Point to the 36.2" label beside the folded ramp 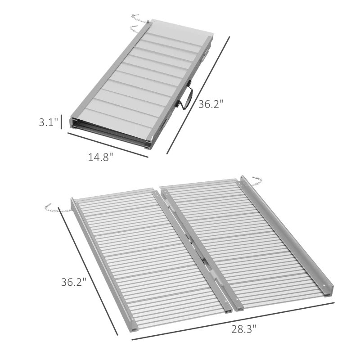click(x=211, y=104)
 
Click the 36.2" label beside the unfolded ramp click(x=73, y=282)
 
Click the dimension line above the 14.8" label click(x=108, y=144)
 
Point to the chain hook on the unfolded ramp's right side click(x=256, y=181)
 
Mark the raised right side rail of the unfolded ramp click(x=288, y=234)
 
